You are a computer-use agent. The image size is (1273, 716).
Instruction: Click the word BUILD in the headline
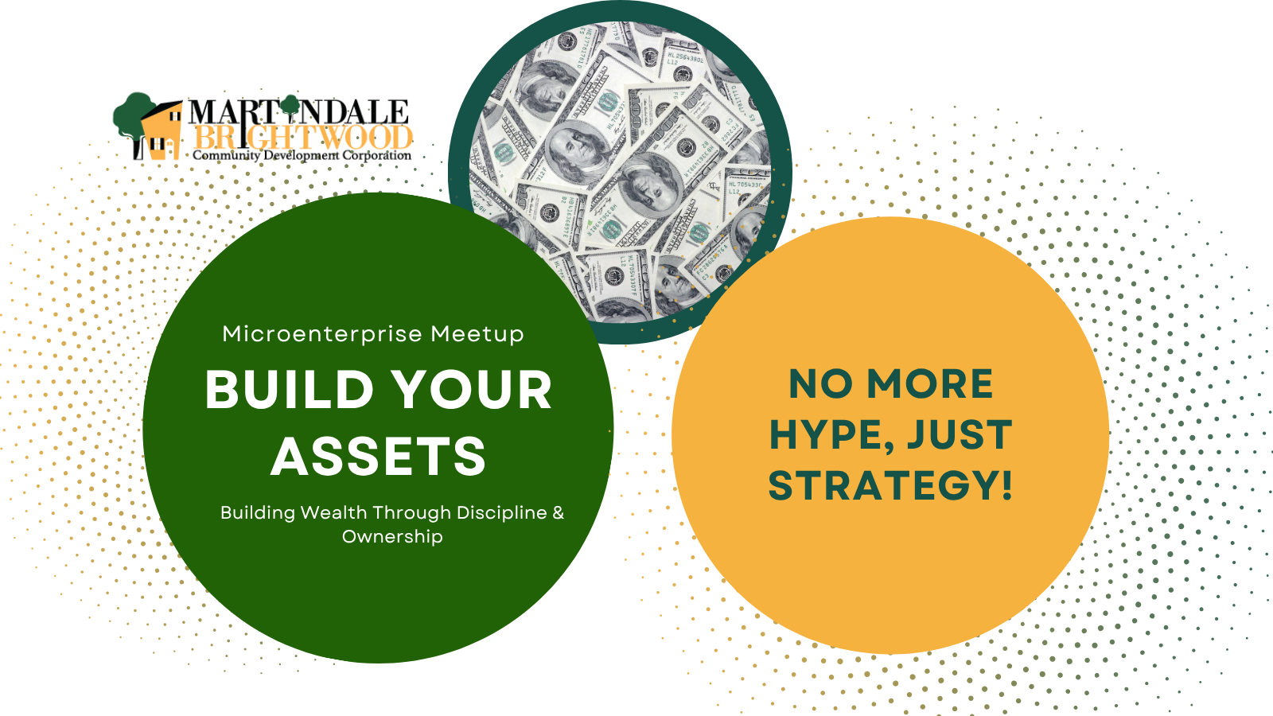[x=289, y=390]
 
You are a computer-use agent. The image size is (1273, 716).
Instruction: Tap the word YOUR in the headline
[x=473, y=390]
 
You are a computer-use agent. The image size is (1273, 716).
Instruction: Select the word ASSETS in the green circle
[x=379, y=457]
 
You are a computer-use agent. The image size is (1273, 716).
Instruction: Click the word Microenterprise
[x=322, y=334]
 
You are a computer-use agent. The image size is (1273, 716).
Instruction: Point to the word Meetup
[x=477, y=335]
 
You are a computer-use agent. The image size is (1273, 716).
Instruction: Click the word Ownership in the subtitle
[x=392, y=537]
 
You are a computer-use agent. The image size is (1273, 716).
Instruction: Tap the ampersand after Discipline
[x=558, y=512]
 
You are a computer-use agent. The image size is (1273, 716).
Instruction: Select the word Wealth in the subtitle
[x=333, y=512]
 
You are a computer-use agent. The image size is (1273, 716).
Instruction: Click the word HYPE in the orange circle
[x=831, y=435]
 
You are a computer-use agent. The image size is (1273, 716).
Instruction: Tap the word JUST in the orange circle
[x=960, y=434]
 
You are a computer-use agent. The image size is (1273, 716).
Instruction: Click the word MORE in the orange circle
[x=930, y=384]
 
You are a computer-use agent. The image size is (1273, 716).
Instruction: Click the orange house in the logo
[x=162, y=132]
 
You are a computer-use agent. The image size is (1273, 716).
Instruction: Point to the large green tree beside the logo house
[x=134, y=119]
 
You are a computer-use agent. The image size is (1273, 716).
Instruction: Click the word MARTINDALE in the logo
[x=298, y=111]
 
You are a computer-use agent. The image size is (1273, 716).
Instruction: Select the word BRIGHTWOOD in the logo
[x=303, y=138]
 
